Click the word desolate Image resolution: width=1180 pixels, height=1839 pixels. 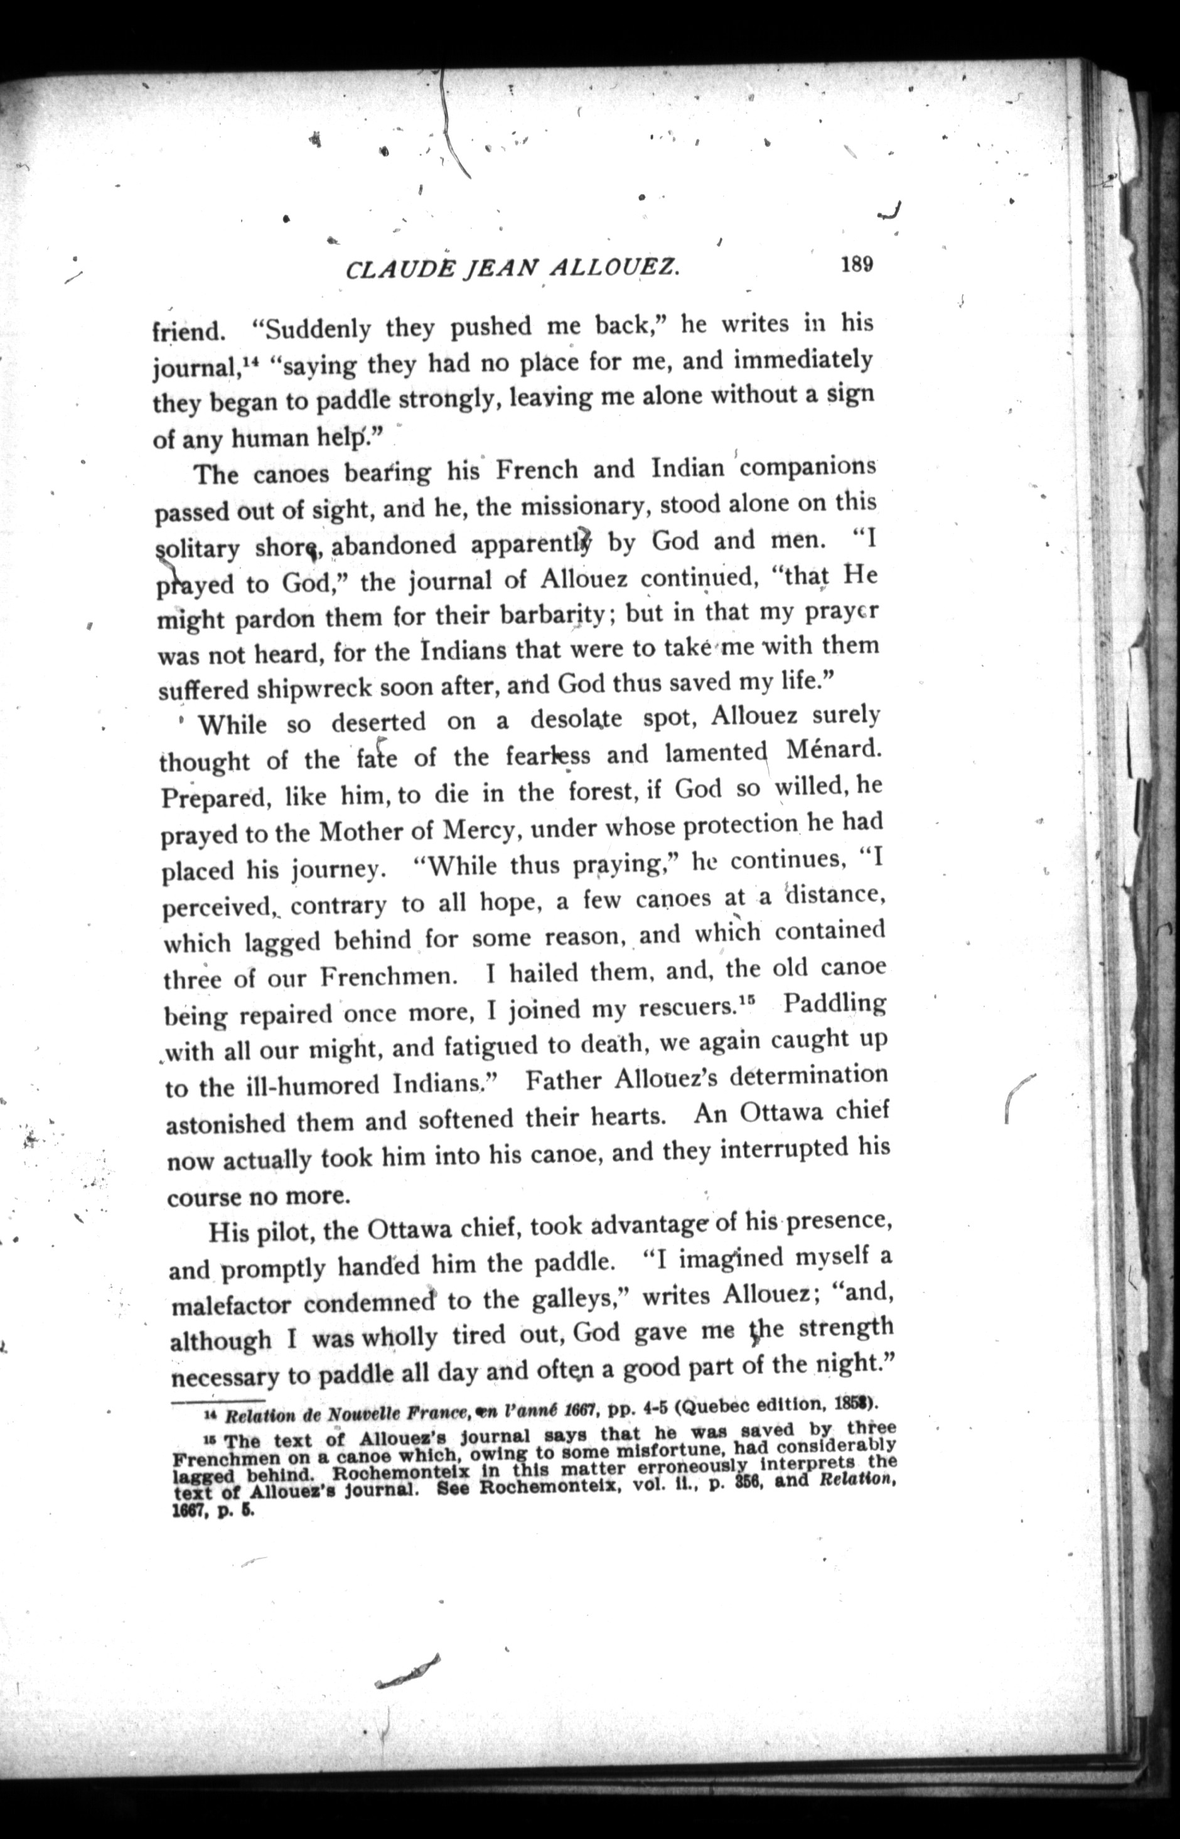(x=576, y=720)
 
